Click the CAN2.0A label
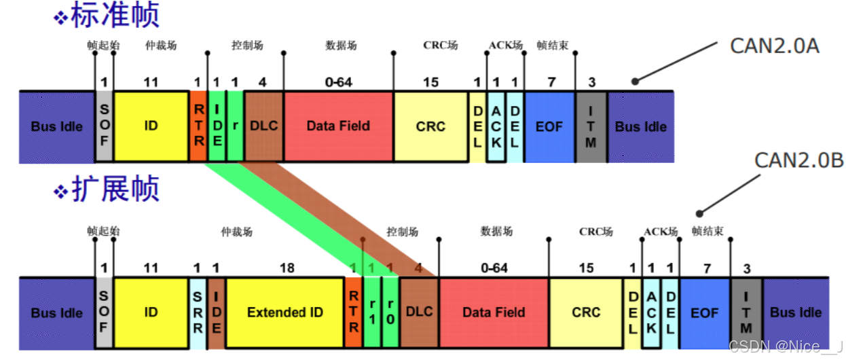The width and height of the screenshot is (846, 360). [774, 46]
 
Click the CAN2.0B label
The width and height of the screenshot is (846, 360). [799, 160]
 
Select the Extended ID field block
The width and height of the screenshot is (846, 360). [285, 312]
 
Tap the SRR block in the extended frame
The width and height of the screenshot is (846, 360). [198, 312]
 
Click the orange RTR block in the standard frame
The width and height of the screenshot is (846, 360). [198, 126]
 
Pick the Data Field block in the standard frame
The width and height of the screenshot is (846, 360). [338, 126]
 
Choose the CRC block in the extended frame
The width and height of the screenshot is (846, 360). [586, 312]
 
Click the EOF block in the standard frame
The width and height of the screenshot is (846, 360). [549, 126]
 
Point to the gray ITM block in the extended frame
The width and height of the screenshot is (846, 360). [746, 312]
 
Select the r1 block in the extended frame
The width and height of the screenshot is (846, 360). [371, 312]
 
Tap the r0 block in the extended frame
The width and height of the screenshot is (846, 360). [390, 312]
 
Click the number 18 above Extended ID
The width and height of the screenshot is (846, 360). [287, 268]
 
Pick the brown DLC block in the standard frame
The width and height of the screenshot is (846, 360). [263, 126]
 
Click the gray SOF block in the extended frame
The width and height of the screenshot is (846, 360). [104, 312]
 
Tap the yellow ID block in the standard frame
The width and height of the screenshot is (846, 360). [151, 126]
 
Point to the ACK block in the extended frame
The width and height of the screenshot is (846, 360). [651, 312]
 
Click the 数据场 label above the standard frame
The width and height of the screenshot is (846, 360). [341, 46]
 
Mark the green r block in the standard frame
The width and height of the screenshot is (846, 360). [235, 126]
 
